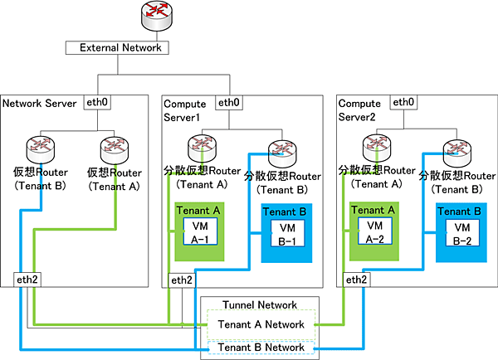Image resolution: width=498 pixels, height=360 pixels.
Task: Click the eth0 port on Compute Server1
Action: (x=227, y=103)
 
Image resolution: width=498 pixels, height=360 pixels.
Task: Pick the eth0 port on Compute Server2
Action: (x=403, y=103)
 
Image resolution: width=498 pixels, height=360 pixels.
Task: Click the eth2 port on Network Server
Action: (x=27, y=279)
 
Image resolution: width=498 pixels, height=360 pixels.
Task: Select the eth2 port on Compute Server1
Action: (x=181, y=280)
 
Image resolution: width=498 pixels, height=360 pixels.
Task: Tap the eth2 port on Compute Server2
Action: (x=356, y=280)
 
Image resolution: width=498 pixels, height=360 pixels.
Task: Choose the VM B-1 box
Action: (x=287, y=235)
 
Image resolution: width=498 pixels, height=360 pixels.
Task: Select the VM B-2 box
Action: (x=461, y=235)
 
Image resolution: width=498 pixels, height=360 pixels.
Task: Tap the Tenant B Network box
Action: (x=260, y=347)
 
